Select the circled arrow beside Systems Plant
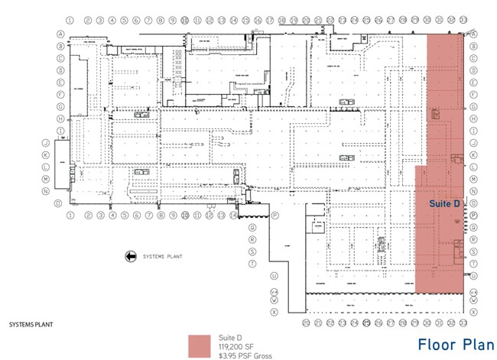point(130,257)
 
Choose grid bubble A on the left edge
point(60,34)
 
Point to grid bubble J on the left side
point(46,143)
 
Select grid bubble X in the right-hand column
point(475,310)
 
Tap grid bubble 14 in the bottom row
point(231,216)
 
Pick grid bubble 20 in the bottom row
point(306,323)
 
